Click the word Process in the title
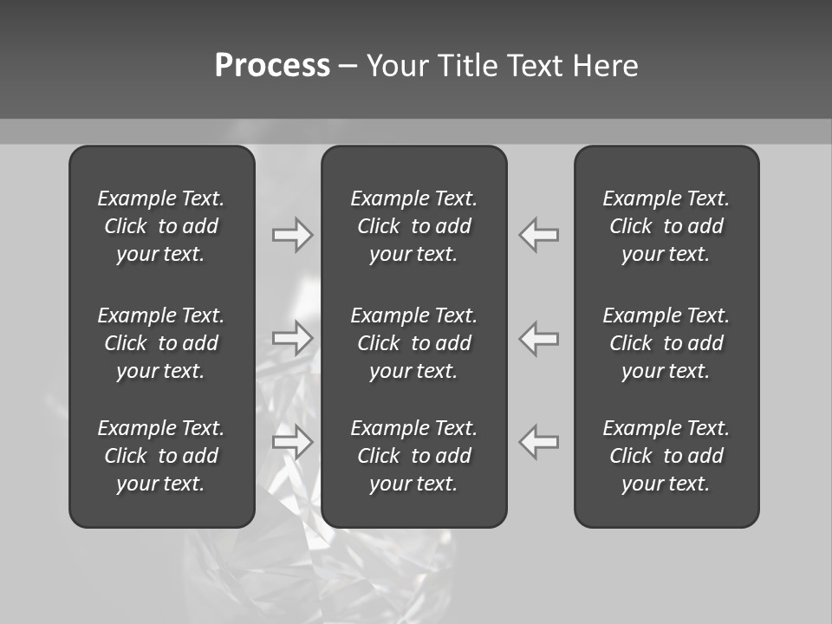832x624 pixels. (272, 66)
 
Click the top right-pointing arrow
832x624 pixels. (292, 235)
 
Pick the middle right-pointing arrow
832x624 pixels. (292, 337)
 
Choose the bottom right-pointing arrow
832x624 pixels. (292, 441)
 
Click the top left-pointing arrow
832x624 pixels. (539, 235)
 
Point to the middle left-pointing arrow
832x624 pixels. (539, 337)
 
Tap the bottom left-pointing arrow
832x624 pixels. (539, 441)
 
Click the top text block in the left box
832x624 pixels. (161, 226)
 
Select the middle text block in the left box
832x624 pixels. (161, 343)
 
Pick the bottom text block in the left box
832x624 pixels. (161, 456)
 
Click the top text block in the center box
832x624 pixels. (413, 226)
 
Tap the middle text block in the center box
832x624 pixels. (413, 343)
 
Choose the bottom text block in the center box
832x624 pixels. (413, 456)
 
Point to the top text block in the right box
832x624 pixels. (666, 226)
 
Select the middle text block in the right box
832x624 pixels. (666, 343)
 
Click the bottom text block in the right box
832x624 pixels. (666, 456)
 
